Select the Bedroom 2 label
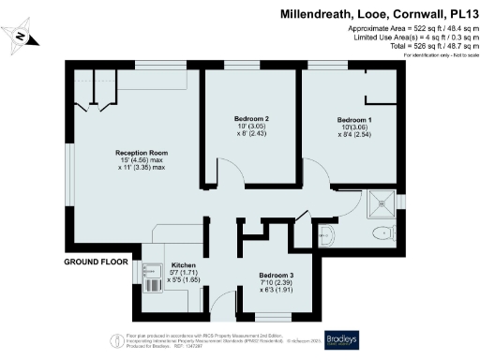[x=252, y=119]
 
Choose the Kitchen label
[x=183, y=265]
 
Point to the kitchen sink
[x=154, y=276]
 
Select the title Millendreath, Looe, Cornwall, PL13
[x=375, y=14]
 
